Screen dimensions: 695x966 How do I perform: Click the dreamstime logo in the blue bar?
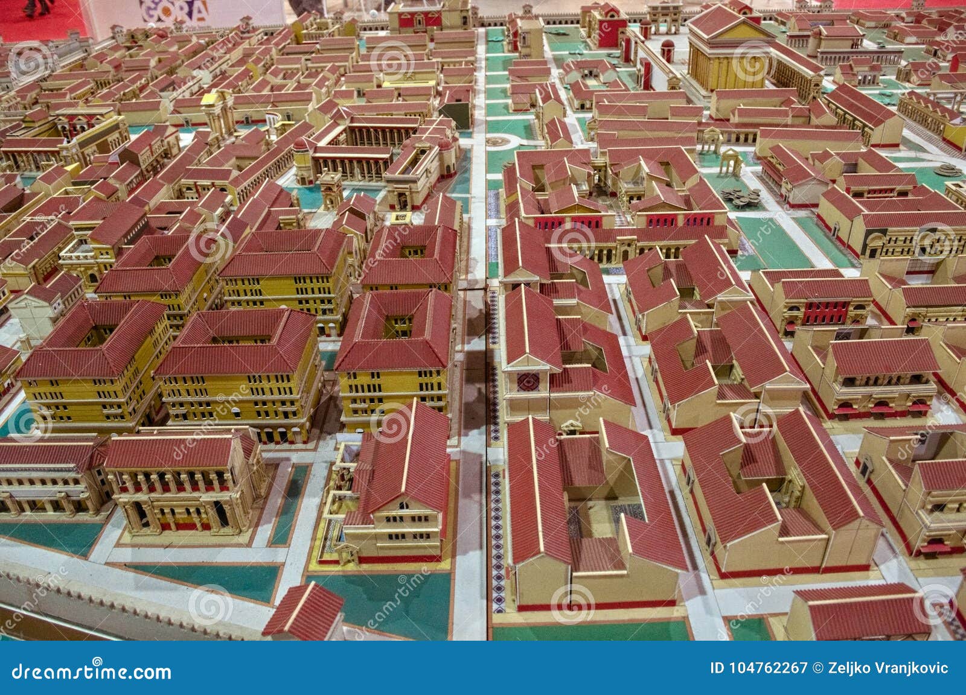pos(91,671)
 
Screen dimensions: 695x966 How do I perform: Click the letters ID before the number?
pos(717,668)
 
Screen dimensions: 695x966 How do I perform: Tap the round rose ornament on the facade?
pos(528,381)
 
